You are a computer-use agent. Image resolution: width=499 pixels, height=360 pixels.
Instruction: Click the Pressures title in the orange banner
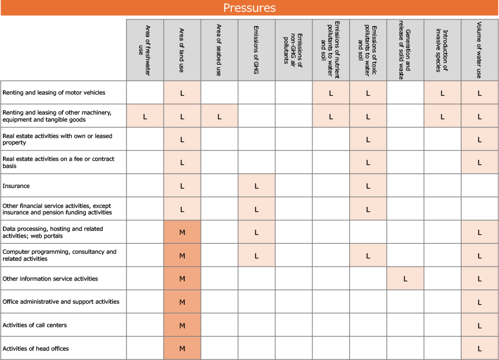(x=249, y=8)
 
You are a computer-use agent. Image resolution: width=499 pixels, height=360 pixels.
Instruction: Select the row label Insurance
(x=16, y=186)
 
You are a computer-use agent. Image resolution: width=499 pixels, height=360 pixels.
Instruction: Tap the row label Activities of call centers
(x=35, y=325)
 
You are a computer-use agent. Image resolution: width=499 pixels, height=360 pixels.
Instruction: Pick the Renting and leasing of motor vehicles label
(x=54, y=93)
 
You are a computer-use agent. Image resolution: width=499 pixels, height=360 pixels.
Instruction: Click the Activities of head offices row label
(x=36, y=349)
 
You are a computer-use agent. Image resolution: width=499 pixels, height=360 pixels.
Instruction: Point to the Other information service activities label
(x=50, y=278)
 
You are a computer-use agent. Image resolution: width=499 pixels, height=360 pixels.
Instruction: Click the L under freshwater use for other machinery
(x=145, y=116)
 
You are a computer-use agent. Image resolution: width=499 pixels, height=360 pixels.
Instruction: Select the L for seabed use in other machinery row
(x=219, y=116)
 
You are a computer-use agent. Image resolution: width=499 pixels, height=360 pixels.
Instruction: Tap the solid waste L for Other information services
(x=405, y=279)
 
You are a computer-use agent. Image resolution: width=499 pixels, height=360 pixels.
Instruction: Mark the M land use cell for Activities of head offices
(x=182, y=349)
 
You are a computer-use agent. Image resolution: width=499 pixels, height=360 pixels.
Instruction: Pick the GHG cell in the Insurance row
(x=257, y=186)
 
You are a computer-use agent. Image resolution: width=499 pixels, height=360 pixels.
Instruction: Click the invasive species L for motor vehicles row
(x=442, y=93)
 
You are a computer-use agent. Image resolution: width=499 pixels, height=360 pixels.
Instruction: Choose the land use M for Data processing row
(x=182, y=233)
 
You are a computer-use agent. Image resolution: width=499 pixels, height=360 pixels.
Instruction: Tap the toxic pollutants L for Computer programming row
(x=368, y=256)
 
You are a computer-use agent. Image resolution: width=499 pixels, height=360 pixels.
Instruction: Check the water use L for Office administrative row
(x=480, y=302)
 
